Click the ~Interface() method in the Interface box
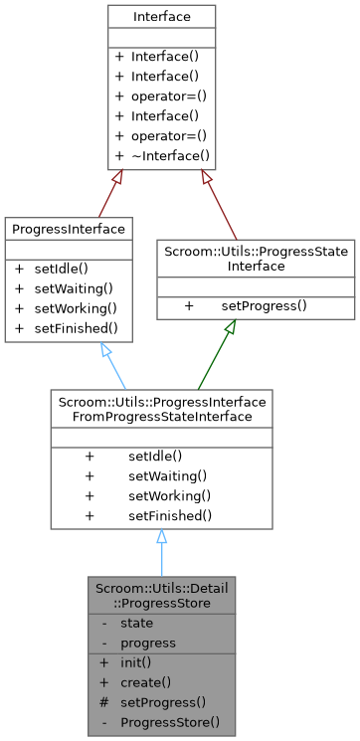(170, 155)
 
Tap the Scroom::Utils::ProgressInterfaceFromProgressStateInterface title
(161, 409)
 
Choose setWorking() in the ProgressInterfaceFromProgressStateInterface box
(167, 495)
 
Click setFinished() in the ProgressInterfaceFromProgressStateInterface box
(170, 515)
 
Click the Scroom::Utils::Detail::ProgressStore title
(161, 596)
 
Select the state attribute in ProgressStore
(136, 623)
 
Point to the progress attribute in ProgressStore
(147, 643)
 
